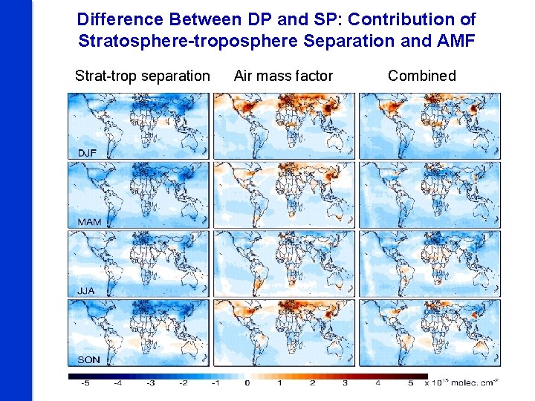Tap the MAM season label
tap(88, 222)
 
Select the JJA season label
tap(86, 290)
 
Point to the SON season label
tap(88, 360)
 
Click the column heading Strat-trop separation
tap(143, 76)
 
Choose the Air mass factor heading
tap(283, 76)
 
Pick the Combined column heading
tap(421, 76)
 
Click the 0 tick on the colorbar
tap(247, 383)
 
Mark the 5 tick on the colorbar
tap(409, 383)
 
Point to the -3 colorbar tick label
tap(150, 383)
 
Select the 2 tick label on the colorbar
tap(312, 383)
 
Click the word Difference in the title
tap(120, 19)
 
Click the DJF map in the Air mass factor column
tap(284, 125)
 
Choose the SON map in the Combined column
tap(430, 333)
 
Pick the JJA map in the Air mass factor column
tap(284, 264)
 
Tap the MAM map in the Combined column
tap(430, 195)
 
